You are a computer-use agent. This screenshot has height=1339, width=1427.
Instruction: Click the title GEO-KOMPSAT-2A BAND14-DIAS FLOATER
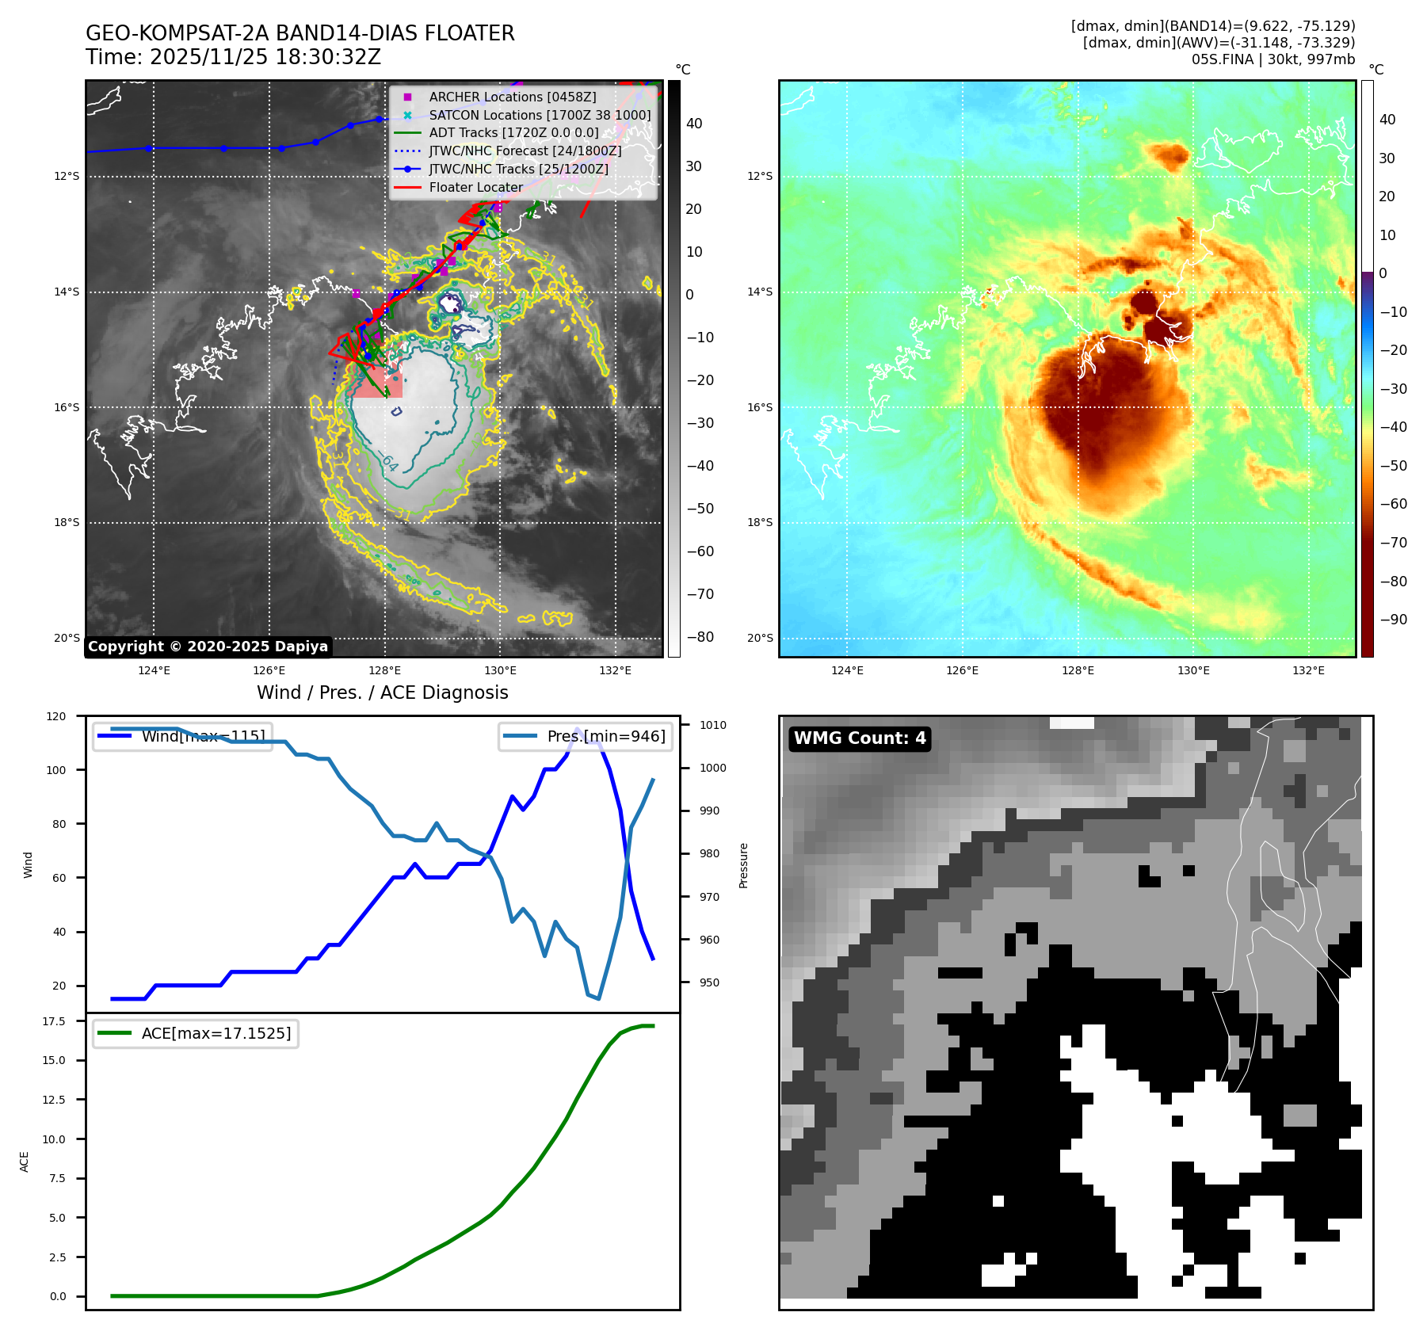pos(300,33)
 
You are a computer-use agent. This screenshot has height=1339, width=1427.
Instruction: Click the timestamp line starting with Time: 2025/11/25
pos(233,57)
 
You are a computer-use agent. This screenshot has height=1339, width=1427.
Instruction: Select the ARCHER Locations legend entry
pos(512,97)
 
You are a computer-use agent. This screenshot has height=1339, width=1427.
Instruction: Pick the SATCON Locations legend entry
pos(539,115)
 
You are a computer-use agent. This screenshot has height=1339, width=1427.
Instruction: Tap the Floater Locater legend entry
pos(475,187)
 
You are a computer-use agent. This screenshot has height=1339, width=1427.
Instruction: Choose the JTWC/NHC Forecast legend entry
pos(525,151)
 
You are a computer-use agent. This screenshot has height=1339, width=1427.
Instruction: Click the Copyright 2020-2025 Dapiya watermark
pos(208,647)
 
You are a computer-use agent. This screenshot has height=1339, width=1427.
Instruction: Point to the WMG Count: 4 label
pos(860,738)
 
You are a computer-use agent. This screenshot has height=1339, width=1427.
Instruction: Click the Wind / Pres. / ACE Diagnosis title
pos(382,692)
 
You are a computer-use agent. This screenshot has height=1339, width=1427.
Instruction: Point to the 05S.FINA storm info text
pos(1272,59)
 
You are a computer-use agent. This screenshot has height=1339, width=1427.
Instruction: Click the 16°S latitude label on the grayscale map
pos(67,407)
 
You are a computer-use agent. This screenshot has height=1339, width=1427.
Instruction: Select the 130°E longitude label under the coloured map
pos(1193,670)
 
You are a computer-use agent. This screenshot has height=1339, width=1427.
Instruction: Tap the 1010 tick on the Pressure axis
pos(712,725)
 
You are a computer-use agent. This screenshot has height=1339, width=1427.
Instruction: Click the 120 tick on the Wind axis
pos(56,716)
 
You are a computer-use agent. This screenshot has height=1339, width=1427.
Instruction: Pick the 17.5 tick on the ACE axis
pos(54,1021)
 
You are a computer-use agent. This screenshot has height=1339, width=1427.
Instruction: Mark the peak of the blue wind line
pos(577,728)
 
